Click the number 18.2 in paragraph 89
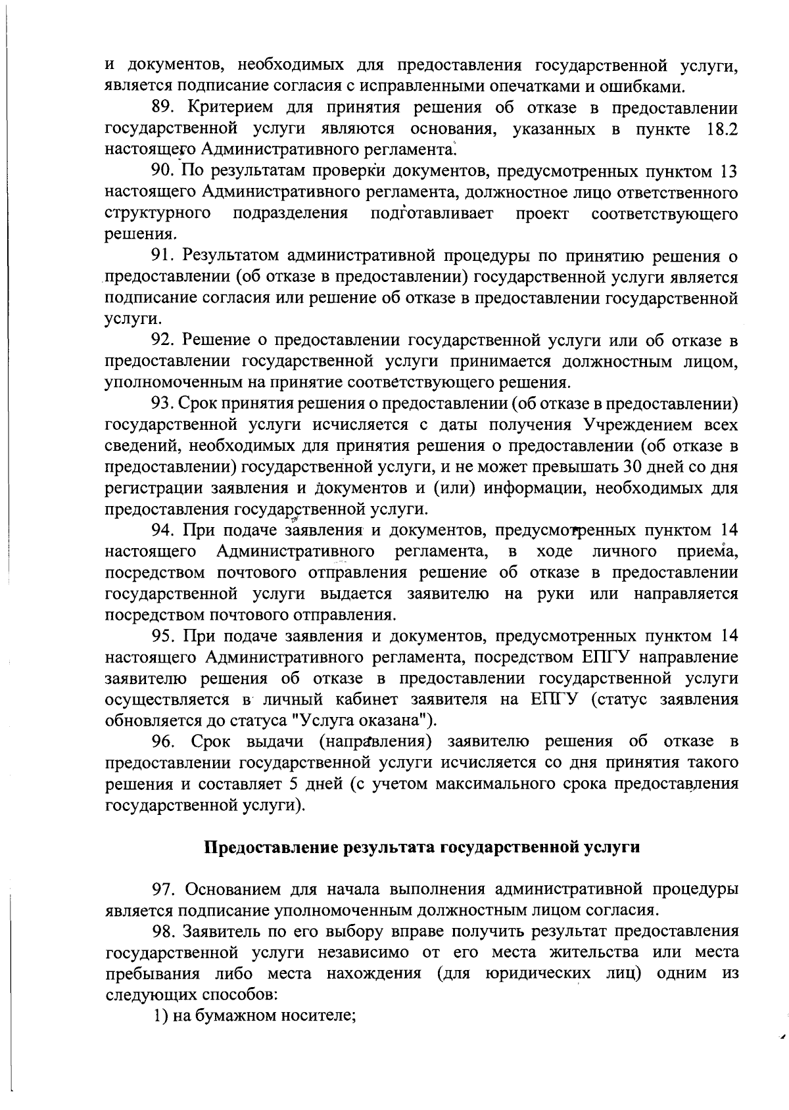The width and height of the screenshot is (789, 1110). (x=721, y=129)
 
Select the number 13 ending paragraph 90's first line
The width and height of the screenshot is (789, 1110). (x=729, y=172)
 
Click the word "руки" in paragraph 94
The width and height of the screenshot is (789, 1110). (x=556, y=593)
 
